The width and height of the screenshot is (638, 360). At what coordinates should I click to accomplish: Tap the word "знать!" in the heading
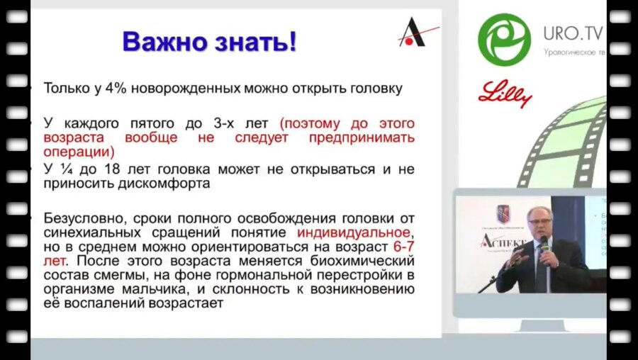point(255,41)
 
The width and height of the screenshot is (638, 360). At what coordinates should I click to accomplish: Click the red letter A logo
point(413,33)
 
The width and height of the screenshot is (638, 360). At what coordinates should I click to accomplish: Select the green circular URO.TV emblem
point(504,39)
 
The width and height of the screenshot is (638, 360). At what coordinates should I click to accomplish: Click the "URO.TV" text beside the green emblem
point(573,33)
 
